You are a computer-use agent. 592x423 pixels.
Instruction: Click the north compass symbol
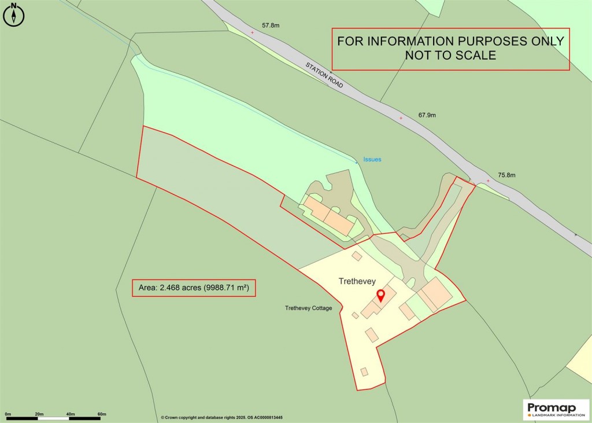click(x=14, y=15)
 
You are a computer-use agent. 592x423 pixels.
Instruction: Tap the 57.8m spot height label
click(x=271, y=25)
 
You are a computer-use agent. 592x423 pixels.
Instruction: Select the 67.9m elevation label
click(x=427, y=115)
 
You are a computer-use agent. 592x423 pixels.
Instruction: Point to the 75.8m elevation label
click(x=506, y=175)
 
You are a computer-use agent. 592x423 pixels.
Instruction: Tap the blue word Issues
click(x=372, y=160)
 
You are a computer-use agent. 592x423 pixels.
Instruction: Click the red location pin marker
click(x=380, y=296)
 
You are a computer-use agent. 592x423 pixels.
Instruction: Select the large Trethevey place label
click(x=357, y=281)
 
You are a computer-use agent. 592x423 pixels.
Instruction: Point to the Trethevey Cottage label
click(x=308, y=308)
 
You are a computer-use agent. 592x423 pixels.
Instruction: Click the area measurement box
click(x=194, y=288)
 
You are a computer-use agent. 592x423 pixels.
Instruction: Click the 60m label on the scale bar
click(x=102, y=414)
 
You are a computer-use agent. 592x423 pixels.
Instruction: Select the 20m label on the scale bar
click(x=39, y=414)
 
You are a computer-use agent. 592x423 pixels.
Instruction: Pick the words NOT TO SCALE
click(x=450, y=56)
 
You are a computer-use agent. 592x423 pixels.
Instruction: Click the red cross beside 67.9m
click(x=401, y=119)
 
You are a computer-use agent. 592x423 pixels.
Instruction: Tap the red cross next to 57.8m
click(x=252, y=32)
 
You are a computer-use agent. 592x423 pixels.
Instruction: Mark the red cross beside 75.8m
click(x=488, y=181)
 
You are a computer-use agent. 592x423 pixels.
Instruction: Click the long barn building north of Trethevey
click(x=328, y=215)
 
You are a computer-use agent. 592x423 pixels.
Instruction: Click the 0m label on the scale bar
click(x=8, y=414)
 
